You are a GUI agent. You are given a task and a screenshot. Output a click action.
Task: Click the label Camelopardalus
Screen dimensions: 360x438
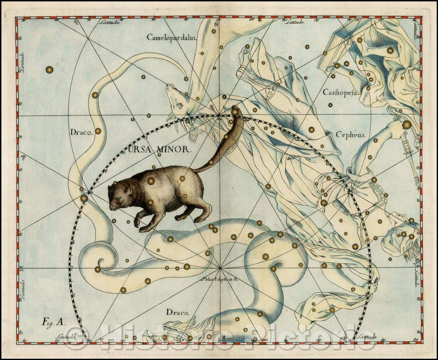pyautogui.click(x=172, y=37)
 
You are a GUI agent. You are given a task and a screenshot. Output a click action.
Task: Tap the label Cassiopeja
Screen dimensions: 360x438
pyautogui.click(x=341, y=92)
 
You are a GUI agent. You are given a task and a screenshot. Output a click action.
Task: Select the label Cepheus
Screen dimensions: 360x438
pyautogui.click(x=350, y=135)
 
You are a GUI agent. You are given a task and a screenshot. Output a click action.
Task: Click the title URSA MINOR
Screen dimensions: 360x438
pyautogui.click(x=159, y=149)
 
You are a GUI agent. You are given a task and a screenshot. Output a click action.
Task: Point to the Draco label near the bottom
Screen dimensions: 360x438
pyautogui.click(x=177, y=312)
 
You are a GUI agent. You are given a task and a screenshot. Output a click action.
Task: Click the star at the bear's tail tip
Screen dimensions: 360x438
pyautogui.click(x=235, y=111)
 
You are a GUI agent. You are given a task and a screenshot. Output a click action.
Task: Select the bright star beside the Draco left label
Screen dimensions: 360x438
pyautogui.click(x=98, y=131)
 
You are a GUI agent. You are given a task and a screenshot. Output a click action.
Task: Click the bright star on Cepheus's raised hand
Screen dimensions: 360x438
pyautogui.click(x=406, y=125)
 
